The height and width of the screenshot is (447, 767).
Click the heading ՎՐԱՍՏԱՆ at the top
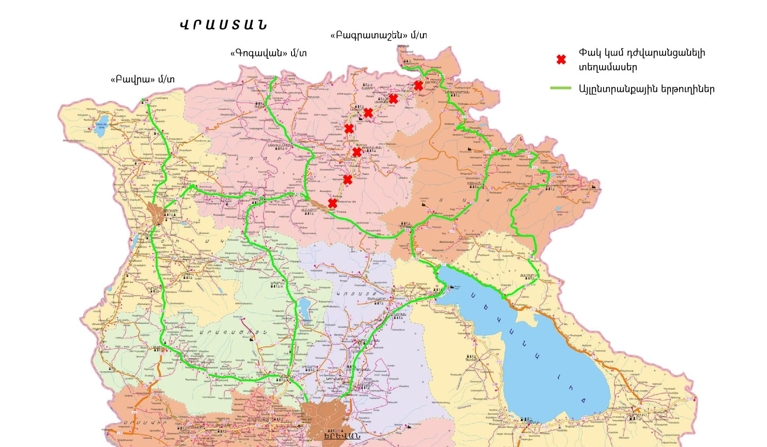tap(223, 25)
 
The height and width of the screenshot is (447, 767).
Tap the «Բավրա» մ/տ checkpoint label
tap(142, 79)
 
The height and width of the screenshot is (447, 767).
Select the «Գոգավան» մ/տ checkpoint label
tap(268, 53)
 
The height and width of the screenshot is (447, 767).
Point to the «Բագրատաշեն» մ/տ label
tap(378, 35)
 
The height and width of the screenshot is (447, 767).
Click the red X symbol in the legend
tap(561, 59)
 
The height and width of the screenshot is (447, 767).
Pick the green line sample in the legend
tap(561, 88)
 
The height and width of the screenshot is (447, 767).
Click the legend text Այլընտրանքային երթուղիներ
tap(646, 89)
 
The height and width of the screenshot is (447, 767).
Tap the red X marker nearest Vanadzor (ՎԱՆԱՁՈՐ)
tap(333, 203)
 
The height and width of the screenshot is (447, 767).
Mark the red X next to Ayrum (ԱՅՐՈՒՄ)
tap(419, 85)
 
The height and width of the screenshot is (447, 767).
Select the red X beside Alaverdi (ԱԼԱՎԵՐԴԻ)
tap(368, 113)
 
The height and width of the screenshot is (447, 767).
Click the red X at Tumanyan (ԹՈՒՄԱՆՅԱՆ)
tap(357, 152)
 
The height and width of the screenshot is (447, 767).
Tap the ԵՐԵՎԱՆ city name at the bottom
tap(342, 436)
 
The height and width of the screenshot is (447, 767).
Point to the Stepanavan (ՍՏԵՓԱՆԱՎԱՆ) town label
tap(280, 145)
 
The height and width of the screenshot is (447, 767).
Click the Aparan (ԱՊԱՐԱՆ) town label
tap(278, 283)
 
